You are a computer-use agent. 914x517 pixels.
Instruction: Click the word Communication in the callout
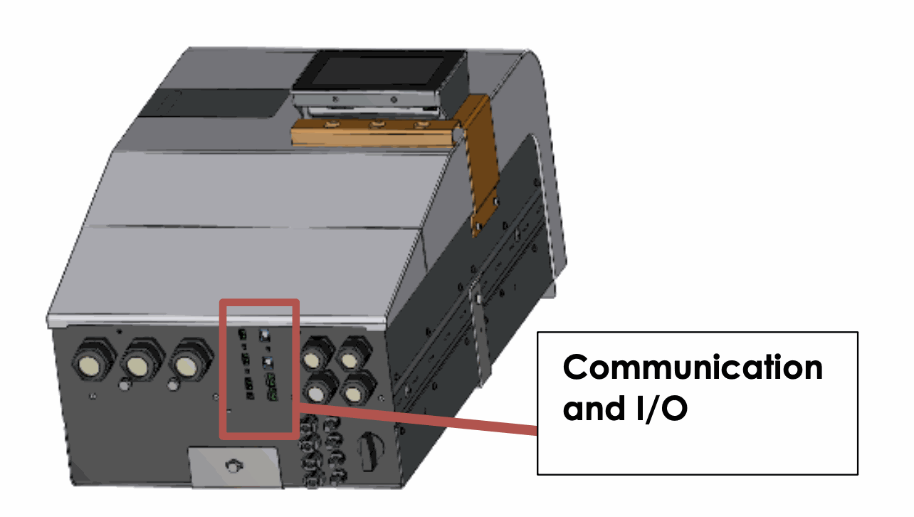coord(692,367)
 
